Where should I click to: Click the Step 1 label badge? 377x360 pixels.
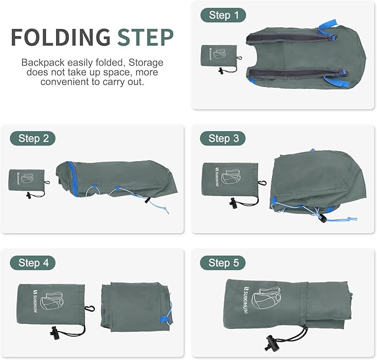point(223,15)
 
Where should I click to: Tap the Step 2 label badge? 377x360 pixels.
point(33,138)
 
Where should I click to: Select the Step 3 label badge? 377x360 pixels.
point(223,138)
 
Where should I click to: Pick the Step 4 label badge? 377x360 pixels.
point(33,262)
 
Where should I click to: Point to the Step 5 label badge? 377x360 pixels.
point(223,262)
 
